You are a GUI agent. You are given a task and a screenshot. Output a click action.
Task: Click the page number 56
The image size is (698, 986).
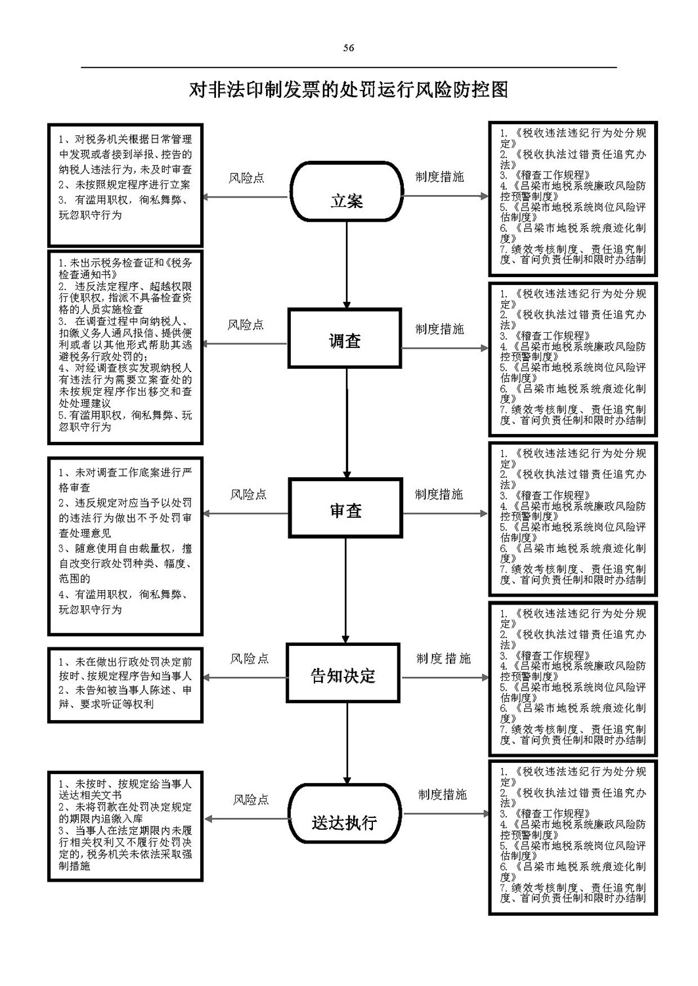pyautogui.click(x=349, y=47)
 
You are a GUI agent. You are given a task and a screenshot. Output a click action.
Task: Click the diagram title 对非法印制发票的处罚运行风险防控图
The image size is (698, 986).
pyautogui.click(x=349, y=90)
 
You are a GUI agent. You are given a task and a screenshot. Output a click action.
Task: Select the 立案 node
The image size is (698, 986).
pyautogui.click(x=347, y=192)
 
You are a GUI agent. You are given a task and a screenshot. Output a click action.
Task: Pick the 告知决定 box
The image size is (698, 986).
pyautogui.click(x=343, y=674)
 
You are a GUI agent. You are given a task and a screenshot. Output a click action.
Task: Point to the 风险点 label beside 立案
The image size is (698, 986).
pyautogui.click(x=246, y=178)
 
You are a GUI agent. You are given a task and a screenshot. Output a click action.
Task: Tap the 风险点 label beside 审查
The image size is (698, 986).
pyautogui.click(x=248, y=494)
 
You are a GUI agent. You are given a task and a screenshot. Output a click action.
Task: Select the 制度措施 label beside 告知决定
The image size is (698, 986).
pyautogui.click(x=444, y=658)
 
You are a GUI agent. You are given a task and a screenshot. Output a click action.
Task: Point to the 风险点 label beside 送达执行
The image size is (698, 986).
pyautogui.click(x=251, y=800)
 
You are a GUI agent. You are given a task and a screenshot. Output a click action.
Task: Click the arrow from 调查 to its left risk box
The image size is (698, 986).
pyautogui.click(x=245, y=343)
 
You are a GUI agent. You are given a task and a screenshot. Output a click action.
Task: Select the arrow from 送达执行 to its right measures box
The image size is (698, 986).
pyautogui.click(x=445, y=819)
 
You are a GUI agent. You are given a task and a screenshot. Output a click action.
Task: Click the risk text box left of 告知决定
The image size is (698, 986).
pyautogui.click(x=125, y=685)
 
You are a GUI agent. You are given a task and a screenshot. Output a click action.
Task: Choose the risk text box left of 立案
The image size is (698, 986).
pyautogui.click(x=125, y=185)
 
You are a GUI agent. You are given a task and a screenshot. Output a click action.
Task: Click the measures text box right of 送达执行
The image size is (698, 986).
pyautogui.click(x=573, y=837)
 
